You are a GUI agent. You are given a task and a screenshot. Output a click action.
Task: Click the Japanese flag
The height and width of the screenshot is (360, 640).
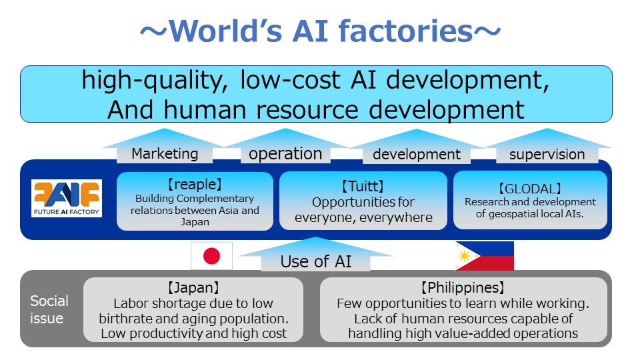tap(211, 256)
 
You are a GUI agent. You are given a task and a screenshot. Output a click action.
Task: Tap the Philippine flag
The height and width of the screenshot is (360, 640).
tap(485, 256)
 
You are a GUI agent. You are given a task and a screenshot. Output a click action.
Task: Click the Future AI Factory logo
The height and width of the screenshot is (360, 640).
tap(67, 199)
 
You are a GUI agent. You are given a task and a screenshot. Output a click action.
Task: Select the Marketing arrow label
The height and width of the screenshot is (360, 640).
tap(165, 154)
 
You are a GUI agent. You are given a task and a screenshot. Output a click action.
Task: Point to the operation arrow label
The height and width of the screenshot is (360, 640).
tap(285, 154)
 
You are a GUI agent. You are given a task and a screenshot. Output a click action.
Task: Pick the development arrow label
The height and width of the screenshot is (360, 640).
tap(416, 154)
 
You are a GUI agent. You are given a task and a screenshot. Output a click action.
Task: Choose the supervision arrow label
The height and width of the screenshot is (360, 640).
tap(547, 154)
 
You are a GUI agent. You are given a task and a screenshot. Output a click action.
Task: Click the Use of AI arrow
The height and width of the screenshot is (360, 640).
tap(315, 255)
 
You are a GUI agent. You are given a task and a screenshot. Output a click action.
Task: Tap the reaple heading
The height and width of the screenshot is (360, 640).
tap(195, 185)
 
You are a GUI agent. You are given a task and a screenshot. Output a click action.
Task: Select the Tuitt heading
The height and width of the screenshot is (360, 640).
tap(363, 187)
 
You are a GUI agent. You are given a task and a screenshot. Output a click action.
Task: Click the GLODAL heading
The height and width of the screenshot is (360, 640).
tap(530, 189)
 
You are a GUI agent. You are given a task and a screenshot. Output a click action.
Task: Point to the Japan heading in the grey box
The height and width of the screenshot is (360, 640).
tap(193, 288)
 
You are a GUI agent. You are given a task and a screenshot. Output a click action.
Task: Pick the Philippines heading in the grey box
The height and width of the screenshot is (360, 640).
tap(463, 288)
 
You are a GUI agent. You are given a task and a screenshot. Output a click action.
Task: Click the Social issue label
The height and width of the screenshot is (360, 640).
tap(49, 309)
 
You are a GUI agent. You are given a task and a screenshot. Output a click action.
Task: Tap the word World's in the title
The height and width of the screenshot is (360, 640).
tap(225, 31)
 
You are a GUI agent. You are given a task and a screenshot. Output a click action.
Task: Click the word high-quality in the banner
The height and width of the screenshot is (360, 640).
tap(154, 81)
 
